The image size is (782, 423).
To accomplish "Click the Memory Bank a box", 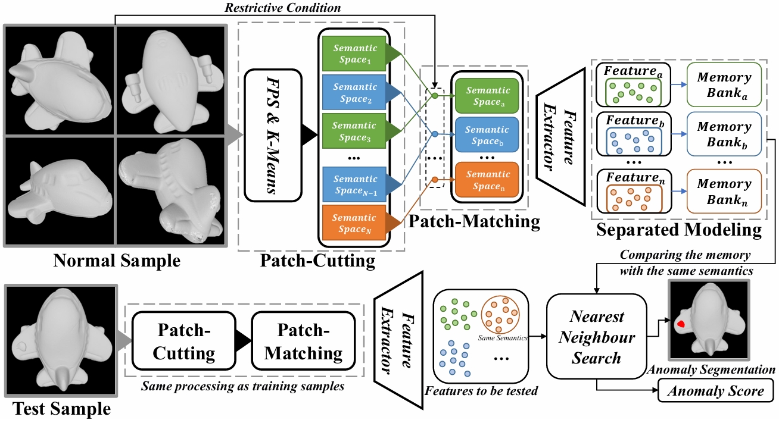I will (724, 84).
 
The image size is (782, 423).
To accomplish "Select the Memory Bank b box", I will (724, 133).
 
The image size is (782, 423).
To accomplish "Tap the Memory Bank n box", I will (724, 190).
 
